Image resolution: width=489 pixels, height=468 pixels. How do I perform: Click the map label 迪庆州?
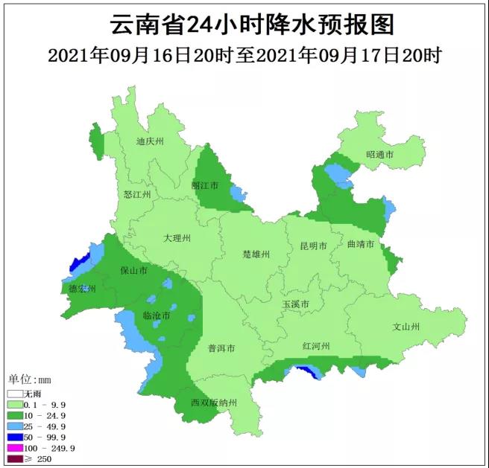click(150, 141)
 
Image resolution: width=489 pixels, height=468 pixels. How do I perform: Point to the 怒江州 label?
click(138, 194)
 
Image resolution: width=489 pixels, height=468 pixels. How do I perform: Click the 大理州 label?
click(177, 238)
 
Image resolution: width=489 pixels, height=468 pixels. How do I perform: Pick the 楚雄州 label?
click(256, 254)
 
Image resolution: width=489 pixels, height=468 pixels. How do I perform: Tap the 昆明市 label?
click(314, 246)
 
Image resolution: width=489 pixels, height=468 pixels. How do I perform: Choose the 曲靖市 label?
click(360, 244)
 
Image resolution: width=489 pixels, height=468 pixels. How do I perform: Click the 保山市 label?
click(134, 271)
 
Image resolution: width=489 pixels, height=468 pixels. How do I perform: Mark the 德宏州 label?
click(82, 288)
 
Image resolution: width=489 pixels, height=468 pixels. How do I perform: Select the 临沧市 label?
click(157, 316)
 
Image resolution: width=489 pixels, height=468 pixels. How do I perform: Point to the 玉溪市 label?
click(295, 304)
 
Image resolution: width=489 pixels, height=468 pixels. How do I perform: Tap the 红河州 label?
click(316, 346)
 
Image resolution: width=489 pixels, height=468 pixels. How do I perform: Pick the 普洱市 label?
click(221, 348)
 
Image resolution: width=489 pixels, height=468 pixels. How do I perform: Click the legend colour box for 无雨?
click(14, 393)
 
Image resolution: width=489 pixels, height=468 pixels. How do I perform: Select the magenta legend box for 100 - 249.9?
click(14, 448)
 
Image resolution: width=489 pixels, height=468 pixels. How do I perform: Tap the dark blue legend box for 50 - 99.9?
click(14, 437)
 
